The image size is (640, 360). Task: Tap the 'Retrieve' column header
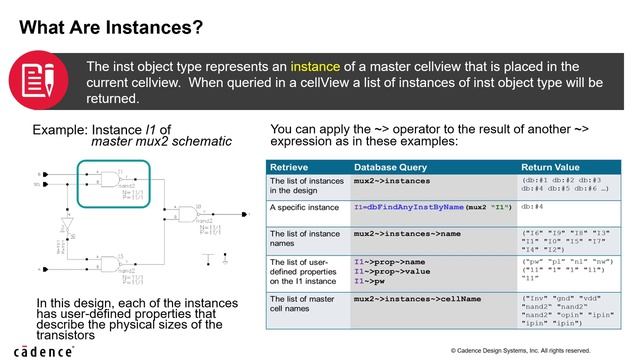point(287,167)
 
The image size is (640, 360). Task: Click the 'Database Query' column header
point(396,167)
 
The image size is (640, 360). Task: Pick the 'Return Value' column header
point(555,167)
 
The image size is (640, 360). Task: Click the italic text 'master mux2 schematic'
point(161,142)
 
